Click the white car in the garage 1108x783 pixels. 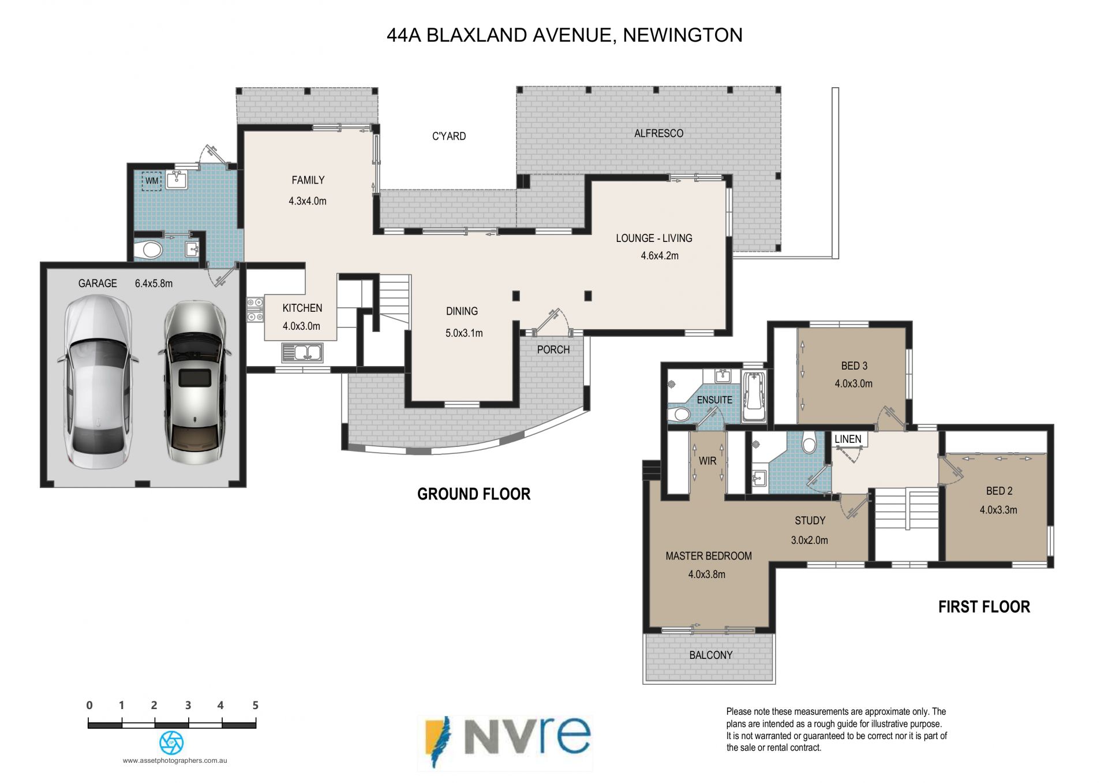tap(98, 382)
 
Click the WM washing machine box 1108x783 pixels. tap(152, 181)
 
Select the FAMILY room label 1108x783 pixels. tap(308, 180)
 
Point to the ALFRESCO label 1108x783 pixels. tap(658, 133)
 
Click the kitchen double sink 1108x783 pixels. tap(302, 352)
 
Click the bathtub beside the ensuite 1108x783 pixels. tap(754, 398)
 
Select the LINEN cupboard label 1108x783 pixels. tap(848, 439)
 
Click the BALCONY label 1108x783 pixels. tap(711, 655)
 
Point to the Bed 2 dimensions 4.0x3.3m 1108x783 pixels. tap(998, 510)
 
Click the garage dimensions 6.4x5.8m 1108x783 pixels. tap(154, 284)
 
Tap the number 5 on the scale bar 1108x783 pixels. tap(255, 705)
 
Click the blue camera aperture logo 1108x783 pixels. tap(171, 743)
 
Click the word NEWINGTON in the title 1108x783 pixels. tap(683, 35)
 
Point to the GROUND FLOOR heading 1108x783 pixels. tap(474, 494)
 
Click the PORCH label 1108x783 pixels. tap(553, 350)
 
